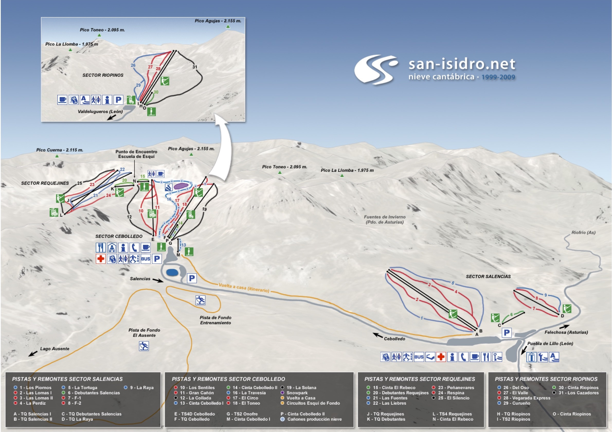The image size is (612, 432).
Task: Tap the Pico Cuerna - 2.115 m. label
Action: click(60, 150)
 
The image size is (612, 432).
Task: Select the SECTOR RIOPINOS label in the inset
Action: click(103, 75)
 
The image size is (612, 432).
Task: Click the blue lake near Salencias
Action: click(173, 272)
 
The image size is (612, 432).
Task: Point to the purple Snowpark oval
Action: click(181, 186)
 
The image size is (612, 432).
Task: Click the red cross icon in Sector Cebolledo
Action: click(101, 259)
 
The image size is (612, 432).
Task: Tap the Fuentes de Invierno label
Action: click(384, 219)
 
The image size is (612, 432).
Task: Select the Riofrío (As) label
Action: click(583, 233)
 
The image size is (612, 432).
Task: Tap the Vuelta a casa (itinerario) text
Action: click(244, 288)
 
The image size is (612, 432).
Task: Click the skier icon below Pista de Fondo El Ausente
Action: click(144, 346)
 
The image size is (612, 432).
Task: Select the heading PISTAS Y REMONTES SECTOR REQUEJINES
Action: click(420, 379)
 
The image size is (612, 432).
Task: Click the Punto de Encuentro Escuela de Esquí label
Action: click(136, 154)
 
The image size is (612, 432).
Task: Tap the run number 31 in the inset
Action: click(195, 67)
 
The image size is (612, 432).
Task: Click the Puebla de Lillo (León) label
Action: click(550, 343)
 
